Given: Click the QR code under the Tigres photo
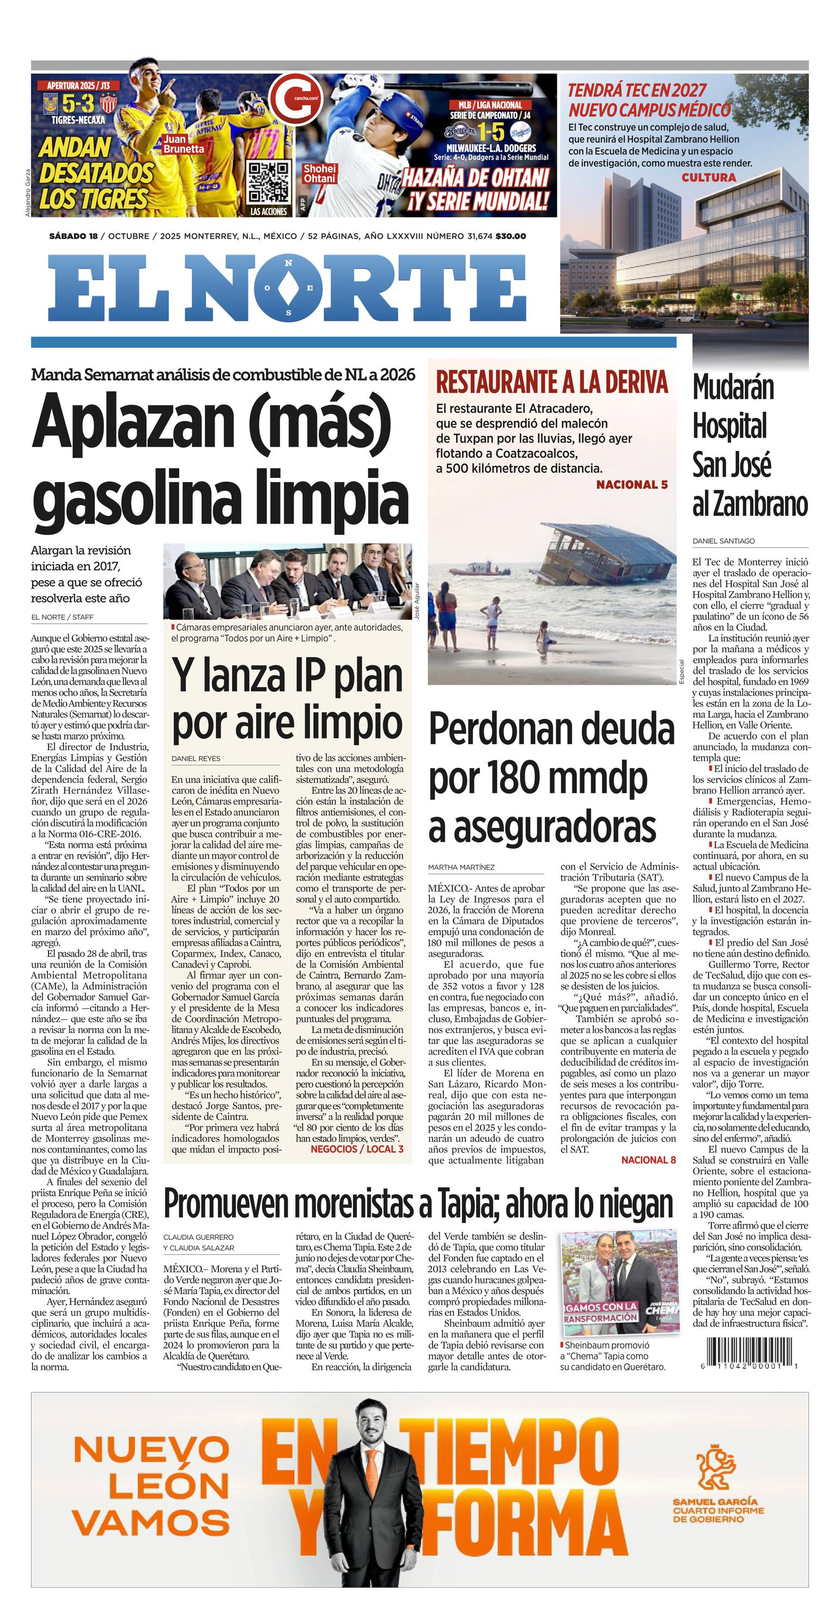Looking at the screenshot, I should coord(270,181).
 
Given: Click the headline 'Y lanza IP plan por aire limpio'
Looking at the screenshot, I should coord(288,699).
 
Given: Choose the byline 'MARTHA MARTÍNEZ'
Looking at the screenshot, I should coord(461,867).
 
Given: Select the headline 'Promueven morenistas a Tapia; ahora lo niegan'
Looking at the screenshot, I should coord(418,1203).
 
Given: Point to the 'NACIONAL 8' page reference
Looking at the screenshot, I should coord(648,1159).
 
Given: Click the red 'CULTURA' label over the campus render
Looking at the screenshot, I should coord(709,178).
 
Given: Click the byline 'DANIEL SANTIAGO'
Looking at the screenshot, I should coord(723,541).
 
